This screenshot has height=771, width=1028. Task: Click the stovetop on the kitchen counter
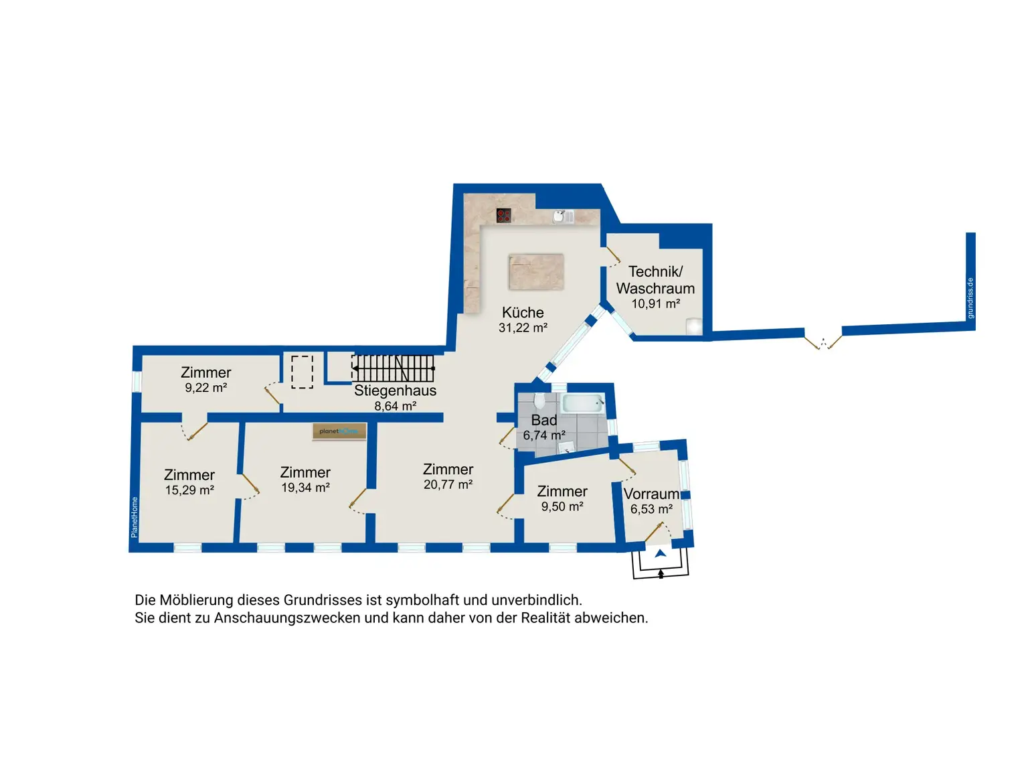click(503, 216)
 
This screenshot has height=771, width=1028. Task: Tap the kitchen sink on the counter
click(562, 216)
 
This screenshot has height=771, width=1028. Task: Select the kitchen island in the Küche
click(536, 272)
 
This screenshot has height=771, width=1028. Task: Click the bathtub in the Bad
click(582, 403)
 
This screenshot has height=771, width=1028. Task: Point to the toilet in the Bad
click(539, 401)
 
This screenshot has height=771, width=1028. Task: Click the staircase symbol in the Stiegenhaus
click(393, 368)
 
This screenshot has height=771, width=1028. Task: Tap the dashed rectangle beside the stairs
click(302, 372)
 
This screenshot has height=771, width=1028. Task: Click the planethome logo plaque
click(339, 431)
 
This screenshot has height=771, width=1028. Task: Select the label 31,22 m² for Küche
click(523, 328)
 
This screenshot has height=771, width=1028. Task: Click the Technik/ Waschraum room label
click(655, 280)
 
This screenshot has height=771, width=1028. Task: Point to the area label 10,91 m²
click(656, 303)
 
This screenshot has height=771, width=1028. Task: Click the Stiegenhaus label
click(395, 391)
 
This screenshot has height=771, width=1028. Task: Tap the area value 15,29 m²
click(189, 490)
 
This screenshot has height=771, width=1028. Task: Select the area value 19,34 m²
click(305, 488)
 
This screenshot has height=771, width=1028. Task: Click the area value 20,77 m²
click(448, 484)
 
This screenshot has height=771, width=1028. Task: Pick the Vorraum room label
click(651, 494)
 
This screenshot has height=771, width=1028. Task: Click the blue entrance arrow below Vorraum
click(661, 553)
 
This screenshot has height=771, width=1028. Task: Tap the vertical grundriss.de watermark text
click(970, 298)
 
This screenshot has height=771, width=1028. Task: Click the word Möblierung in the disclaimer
click(196, 600)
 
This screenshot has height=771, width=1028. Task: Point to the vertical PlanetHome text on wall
click(135, 517)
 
